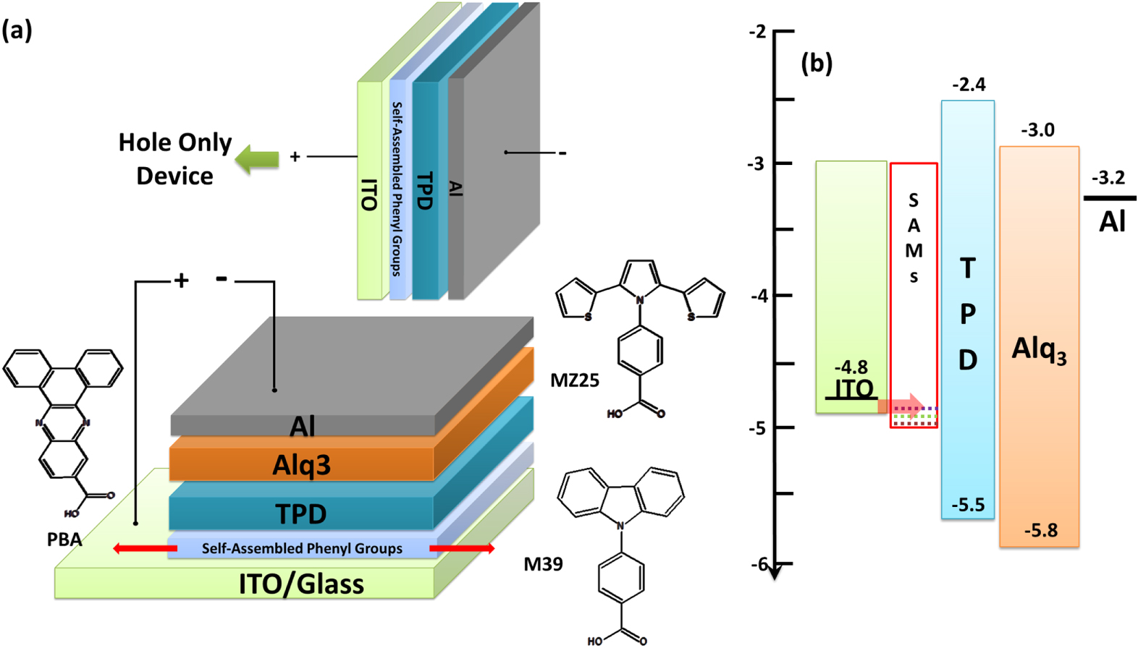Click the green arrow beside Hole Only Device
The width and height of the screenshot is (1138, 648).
click(x=257, y=160)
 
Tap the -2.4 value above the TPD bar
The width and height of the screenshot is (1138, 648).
click(x=969, y=85)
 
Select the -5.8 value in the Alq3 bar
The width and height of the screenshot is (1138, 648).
click(x=1041, y=531)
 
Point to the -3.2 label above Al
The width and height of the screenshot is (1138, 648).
click(x=1108, y=177)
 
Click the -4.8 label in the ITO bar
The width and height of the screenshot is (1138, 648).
click(x=851, y=367)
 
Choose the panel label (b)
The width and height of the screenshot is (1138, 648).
click(x=817, y=64)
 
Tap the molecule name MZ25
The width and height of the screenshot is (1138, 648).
click(x=575, y=380)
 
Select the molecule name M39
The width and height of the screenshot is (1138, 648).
click(x=544, y=563)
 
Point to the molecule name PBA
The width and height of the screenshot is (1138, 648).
click(x=64, y=540)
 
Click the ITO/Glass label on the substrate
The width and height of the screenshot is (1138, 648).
click(x=301, y=584)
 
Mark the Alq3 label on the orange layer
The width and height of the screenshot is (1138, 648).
click(x=301, y=465)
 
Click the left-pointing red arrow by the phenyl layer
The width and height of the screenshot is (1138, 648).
click(x=145, y=549)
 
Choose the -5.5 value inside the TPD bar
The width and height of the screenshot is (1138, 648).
click(x=968, y=505)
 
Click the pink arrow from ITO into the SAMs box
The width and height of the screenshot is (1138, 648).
click(x=901, y=404)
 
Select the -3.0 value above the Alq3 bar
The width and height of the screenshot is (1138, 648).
click(x=1037, y=130)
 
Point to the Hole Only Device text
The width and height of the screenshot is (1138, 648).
click(x=175, y=159)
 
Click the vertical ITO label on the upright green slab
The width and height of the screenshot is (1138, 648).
click(x=368, y=195)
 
